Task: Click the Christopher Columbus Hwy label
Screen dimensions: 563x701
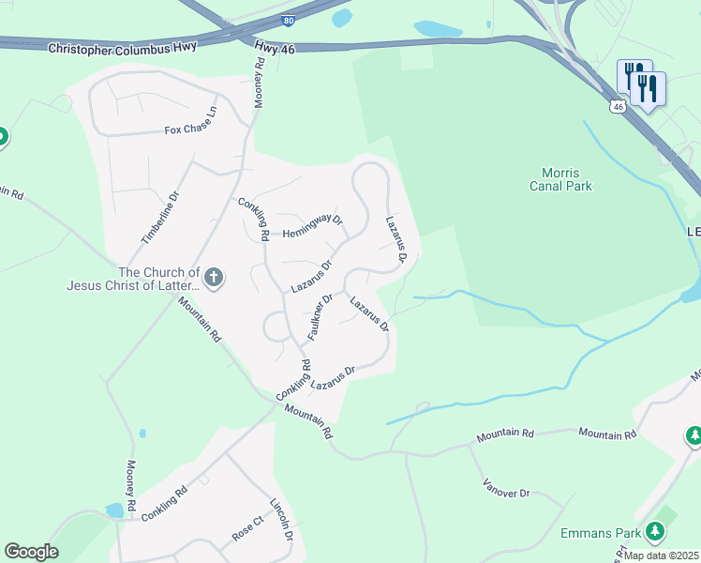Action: point(123,46)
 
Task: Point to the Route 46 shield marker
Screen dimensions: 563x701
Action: point(616,107)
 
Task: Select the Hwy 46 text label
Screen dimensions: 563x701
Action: point(275,48)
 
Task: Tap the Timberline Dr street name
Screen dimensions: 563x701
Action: point(159,219)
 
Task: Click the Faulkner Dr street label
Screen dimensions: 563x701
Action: point(321,316)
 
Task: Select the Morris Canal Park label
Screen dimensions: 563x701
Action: point(567,179)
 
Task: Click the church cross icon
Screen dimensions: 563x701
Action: point(214,277)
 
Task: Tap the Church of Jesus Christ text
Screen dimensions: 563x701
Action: point(132,278)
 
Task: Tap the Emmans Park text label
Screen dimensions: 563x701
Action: point(600,533)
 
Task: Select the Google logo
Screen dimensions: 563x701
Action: point(31,552)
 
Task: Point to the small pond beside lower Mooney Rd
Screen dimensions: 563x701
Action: point(114,510)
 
